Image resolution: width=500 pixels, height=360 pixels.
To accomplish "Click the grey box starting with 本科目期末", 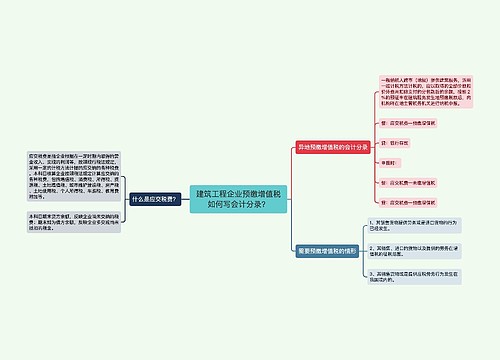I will (64, 221).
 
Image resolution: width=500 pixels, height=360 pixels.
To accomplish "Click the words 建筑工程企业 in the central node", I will (217, 191).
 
